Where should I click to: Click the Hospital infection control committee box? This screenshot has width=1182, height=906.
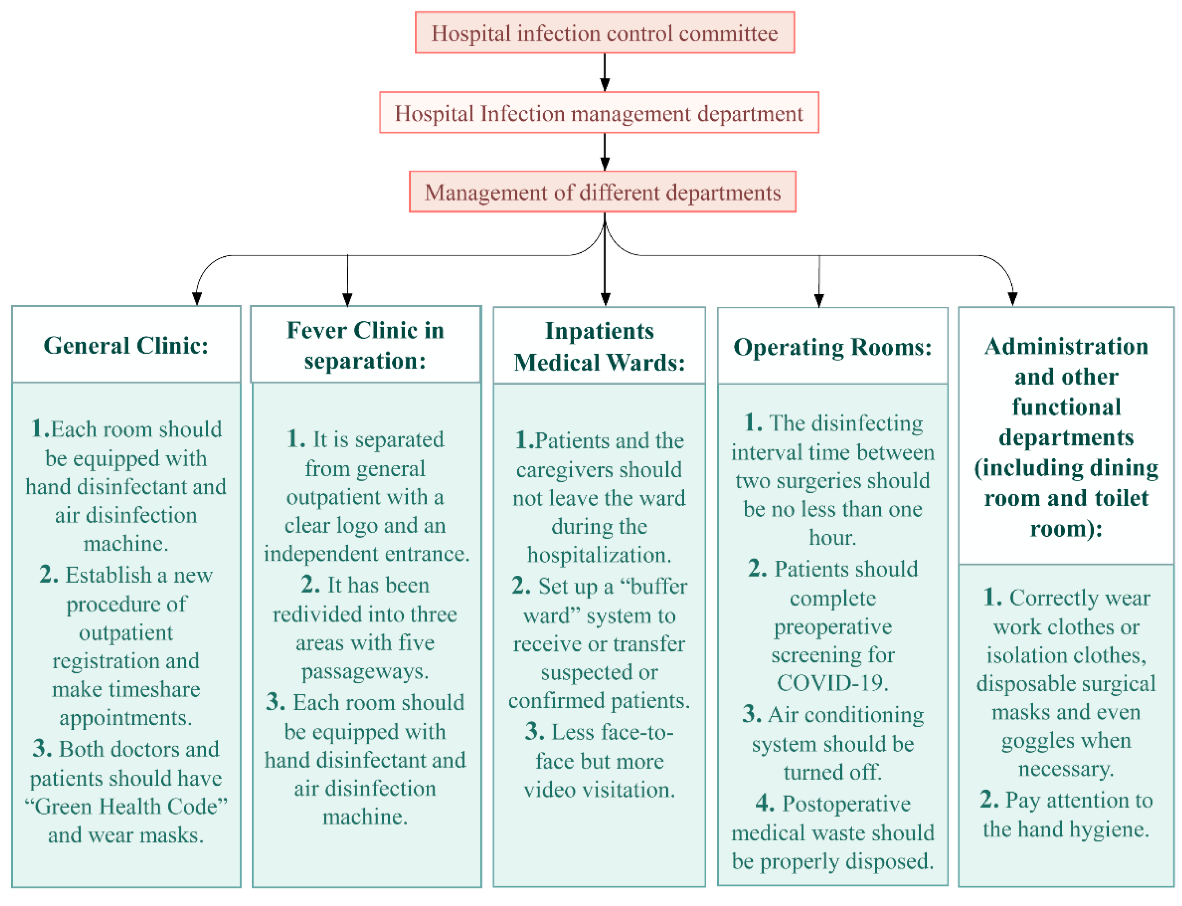click(604, 33)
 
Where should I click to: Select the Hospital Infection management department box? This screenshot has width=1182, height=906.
click(599, 113)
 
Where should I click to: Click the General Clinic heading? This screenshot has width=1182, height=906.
click(126, 345)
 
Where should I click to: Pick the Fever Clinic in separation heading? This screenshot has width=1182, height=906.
click(365, 345)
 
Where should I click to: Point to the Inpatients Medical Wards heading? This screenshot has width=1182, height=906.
click(599, 346)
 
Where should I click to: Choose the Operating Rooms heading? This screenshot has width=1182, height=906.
click(832, 347)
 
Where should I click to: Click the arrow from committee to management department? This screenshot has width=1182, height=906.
click(605, 72)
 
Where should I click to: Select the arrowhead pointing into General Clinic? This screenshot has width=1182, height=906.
click(197, 299)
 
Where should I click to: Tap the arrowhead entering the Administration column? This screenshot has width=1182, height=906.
click(1013, 299)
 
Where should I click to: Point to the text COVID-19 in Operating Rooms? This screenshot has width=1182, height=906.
click(832, 683)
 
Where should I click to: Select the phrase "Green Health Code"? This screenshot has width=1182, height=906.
click(126, 806)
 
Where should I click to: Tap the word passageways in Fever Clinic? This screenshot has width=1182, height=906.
click(365, 672)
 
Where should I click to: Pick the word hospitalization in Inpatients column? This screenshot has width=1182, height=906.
click(599, 555)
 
